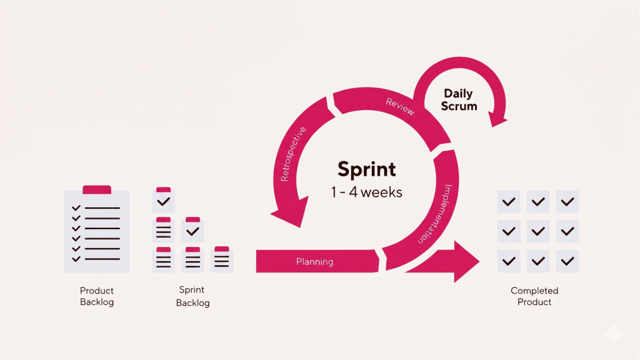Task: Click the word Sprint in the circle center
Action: click(x=367, y=170)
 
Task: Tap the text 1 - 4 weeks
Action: click(x=367, y=192)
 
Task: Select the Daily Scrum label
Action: click(x=459, y=100)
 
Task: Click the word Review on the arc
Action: click(x=400, y=107)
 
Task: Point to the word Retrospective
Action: click(x=293, y=154)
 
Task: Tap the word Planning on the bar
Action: click(x=315, y=262)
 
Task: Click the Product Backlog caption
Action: click(x=97, y=296)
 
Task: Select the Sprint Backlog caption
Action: click(x=192, y=296)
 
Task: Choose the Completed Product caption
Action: click(x=534, y=296)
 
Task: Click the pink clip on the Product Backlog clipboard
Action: click(x=97, y=189)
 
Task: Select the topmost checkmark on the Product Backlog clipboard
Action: click(x=76, y=208)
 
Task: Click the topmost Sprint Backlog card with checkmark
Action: click(x=164, y=200)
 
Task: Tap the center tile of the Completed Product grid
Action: click(x=538, y=231)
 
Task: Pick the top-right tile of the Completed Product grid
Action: click(x=567, y=202)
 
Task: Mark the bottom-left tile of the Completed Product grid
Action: click(x=509, y=261)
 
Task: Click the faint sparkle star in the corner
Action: click(x=613, y=333)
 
